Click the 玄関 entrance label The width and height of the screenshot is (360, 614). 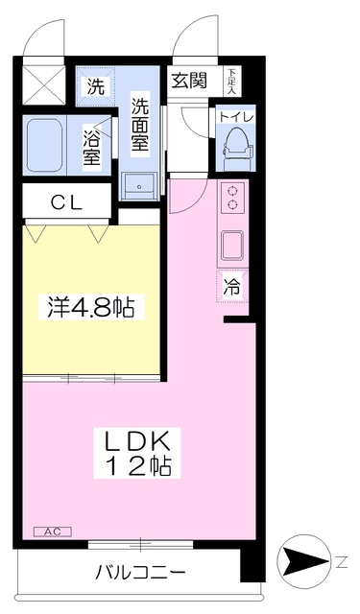point(189,81)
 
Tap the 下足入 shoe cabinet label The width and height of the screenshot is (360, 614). point(232,81)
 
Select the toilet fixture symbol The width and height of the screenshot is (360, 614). point(235,150)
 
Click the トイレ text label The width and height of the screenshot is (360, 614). point(236,117)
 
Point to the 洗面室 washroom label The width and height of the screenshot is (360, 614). point(140,124)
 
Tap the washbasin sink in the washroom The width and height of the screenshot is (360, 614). point(138,186)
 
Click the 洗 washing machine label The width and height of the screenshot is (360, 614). point(96,86)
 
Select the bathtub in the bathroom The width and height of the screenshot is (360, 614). point(45,144)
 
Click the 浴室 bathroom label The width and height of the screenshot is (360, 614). point(91,147)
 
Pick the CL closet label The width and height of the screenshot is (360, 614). point(66,202)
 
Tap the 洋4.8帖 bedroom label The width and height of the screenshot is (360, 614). point(91,307)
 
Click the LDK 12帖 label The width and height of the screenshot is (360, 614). point(136,453)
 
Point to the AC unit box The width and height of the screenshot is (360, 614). point(53,531)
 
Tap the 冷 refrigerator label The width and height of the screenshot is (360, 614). point(231,286)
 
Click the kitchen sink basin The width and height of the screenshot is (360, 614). point(232,246)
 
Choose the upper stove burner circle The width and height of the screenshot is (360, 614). point(232,191)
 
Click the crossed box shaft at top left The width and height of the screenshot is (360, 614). point(44,85)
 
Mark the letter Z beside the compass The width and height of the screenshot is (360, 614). point(342,563)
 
